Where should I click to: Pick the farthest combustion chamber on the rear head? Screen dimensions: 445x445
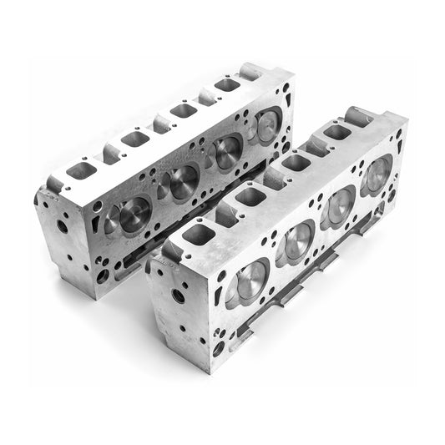[x=265, y=124]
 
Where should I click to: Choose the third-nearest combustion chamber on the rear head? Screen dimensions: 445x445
[x=225, y=152]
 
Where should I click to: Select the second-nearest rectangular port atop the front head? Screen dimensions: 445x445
[x=250, y=196]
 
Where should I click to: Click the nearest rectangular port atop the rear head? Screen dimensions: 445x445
[x=81, y=170]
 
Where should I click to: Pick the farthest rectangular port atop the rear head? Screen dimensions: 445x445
[x=227, y=84]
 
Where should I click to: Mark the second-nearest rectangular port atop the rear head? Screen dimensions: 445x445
[x=134, y=139]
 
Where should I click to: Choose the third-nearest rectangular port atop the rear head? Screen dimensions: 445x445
[x=183, y=109]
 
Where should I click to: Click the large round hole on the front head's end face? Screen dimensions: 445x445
[x=178, y=296]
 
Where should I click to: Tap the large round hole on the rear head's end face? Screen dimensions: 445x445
[x=63, y=225]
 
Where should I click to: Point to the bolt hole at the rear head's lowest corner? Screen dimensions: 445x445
[x=103, y=275]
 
